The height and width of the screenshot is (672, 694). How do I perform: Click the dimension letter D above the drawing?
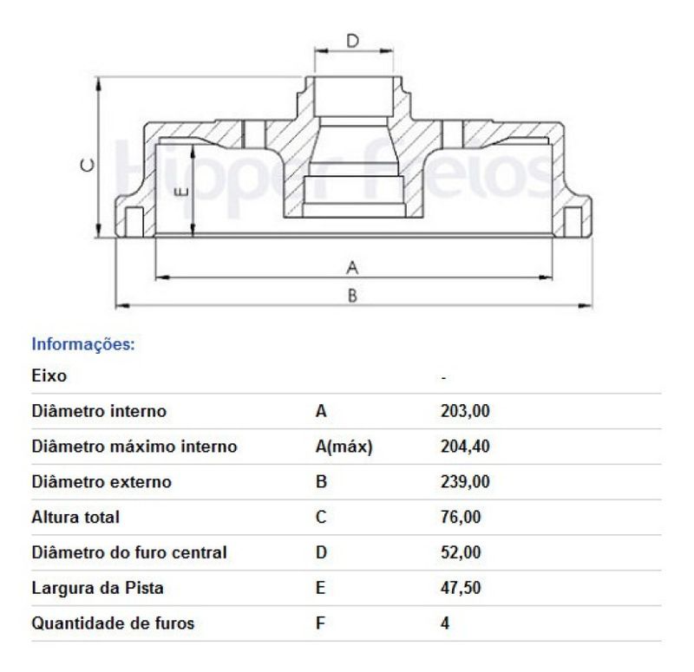pos(352,40)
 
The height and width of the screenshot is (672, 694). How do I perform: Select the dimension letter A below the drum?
pos(352,265)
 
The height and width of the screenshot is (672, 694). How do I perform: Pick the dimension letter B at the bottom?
pos(352,296)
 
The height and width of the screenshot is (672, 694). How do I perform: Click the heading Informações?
pos(83,343)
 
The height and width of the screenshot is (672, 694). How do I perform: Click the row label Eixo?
pos(49,375)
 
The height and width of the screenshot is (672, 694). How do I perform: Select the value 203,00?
pos(459,411)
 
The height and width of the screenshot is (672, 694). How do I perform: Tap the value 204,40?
pos(459,447)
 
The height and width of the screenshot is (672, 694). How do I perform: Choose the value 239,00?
pos(459,482)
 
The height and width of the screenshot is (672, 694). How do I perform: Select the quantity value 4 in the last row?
pos(445,623)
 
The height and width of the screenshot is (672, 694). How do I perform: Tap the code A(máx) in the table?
pos(344,447)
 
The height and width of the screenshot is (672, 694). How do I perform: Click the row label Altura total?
pos(75,518)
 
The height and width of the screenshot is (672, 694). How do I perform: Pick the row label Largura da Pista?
pos(97,588)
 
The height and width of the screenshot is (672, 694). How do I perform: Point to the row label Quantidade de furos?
pos(113,623)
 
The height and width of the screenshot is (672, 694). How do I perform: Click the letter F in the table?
pos(320,623)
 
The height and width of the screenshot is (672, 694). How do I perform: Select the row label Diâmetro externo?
pos(101,482)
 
